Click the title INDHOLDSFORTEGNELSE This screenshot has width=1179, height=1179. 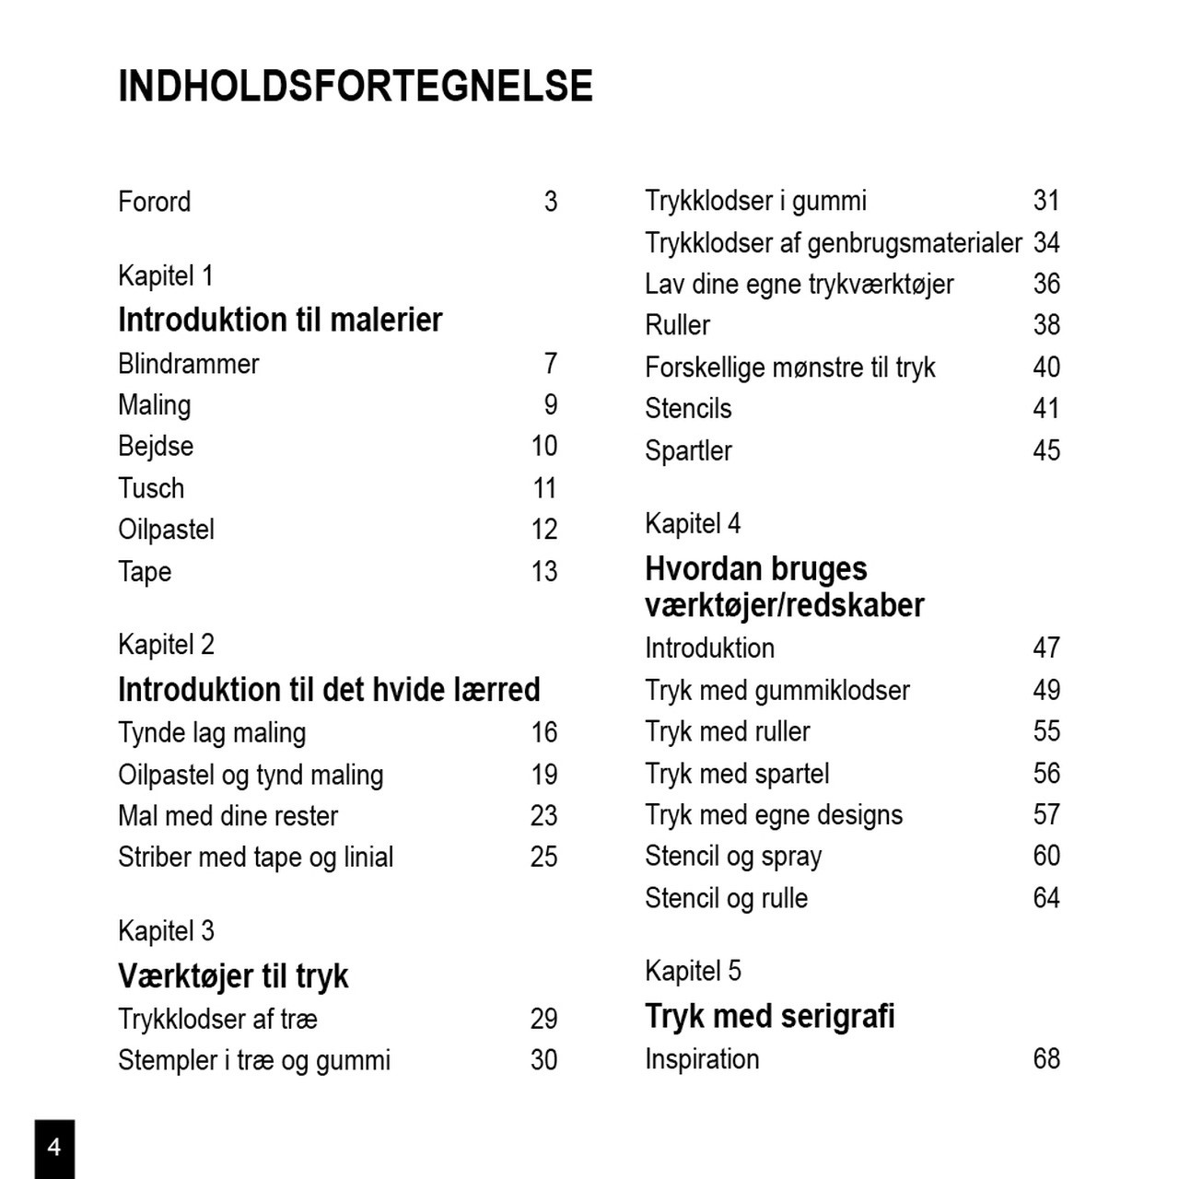(x=355, y=86)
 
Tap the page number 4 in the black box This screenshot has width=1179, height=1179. (x=54, y=1147)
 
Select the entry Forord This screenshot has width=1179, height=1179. (x=154, y=201)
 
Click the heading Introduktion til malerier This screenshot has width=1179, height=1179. (x=280, y=320)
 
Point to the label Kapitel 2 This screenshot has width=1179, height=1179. (x=166, y=644)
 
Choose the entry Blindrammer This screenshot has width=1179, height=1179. (x=188, y=364)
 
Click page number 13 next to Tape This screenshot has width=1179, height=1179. (x=543, y=571)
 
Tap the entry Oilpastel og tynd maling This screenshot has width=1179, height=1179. (x=251, y=775)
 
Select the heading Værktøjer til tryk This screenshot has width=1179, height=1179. (x=233, y=975)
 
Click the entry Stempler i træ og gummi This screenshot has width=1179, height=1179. (x=254, y=1060)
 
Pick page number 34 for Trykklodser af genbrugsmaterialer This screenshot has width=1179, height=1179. (x=1046, y=242)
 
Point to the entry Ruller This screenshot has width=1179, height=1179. (x=677, y=325)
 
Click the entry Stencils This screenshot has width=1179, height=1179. (x=688, y=408)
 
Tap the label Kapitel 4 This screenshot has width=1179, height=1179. (x=693, y=523)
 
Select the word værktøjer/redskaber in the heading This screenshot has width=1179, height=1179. (x=784, y=605)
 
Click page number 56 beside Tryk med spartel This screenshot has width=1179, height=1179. (x=1046, y=773)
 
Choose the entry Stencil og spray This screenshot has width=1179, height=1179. (x=733, y=856)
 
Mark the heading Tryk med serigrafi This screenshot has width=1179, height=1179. (x=769, y=1016)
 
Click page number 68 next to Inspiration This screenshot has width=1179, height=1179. (x=1046, y=1058)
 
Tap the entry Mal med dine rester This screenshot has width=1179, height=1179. (x=228, y=815)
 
